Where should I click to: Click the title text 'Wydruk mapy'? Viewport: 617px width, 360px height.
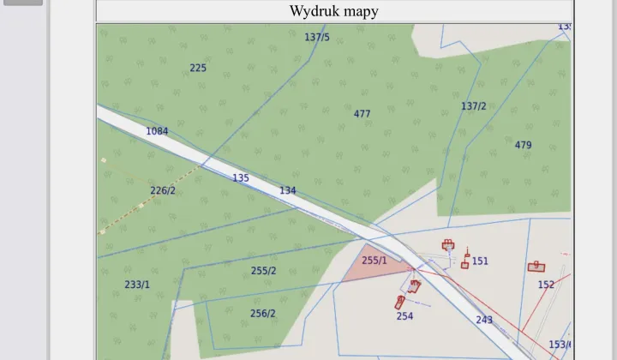pos(333,11)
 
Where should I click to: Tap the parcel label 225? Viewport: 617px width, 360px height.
pos(198,68)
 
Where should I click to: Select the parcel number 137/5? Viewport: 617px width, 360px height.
pos(317,38)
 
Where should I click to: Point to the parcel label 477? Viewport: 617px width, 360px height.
pos(362,114)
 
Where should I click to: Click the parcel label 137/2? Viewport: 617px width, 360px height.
pos(473,106)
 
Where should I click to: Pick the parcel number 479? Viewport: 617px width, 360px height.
pos(523,145)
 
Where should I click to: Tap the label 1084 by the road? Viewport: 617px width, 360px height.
pos(157,131)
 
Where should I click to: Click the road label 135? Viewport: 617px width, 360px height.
pos(241,178)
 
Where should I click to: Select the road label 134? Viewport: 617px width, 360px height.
pos(287,190)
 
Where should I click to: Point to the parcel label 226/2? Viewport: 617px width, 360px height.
pos(163,190)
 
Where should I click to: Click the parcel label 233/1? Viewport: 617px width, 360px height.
pos(137,285)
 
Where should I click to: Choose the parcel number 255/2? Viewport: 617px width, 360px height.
pos(263,271)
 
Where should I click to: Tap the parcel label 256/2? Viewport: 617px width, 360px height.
pos(262,314)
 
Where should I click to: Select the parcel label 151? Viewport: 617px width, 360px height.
pos(480,261)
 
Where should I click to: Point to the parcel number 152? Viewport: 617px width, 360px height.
pos(546,285)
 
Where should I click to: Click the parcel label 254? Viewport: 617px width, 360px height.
pos(404,316)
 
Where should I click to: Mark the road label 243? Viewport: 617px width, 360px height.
pos(484,320)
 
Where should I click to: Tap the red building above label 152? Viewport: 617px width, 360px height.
pos(536,267)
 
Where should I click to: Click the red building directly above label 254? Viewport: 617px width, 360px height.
pos(400,301)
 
